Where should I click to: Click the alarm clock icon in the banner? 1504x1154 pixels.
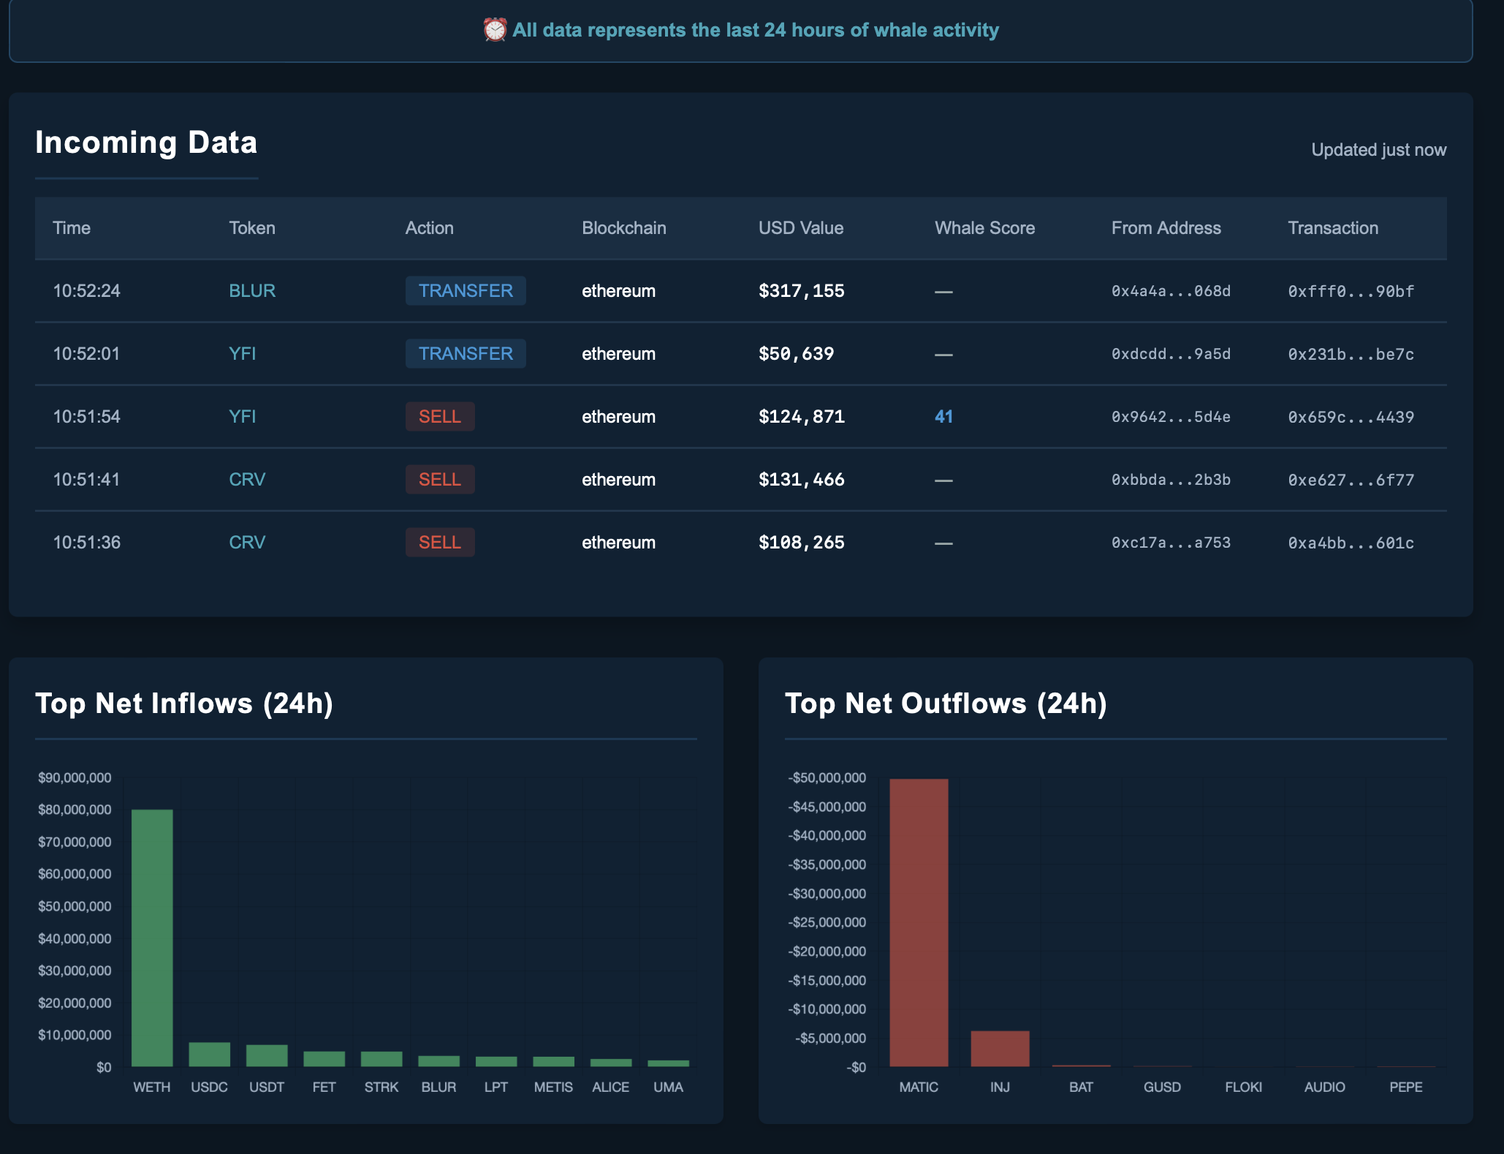coord(495,30)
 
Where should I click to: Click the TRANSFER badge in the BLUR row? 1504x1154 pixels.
coord(466,291)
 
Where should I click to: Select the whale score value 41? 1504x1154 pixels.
coord(943,417)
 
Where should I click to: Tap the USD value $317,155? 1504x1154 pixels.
coord(801,291)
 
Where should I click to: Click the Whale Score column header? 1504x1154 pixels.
coord(984,228)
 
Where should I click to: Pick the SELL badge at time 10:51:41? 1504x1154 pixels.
coord(439,480)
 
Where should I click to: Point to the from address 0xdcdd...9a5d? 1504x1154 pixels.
coord(1171,354)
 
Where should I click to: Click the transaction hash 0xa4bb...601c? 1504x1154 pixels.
coord(1351,543)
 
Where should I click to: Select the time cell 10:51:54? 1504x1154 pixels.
coord(86,417)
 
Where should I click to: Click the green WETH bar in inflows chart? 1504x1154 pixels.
coord(152,938)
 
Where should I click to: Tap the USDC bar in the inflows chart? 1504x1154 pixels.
coord(210,1055)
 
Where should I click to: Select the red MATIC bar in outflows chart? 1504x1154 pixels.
coord(919,923)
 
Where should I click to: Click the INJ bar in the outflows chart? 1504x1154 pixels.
coord(1000,1049)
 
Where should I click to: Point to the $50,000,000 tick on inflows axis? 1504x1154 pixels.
coord(75,906)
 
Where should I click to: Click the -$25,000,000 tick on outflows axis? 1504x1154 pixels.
coord(827,922)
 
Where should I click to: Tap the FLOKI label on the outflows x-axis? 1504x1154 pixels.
coord(1243,1087)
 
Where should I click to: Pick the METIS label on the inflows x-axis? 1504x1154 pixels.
coord(553,1087)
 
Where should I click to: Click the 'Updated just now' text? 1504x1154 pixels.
coord(1378,150)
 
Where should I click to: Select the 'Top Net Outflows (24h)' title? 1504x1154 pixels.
coord(946,704)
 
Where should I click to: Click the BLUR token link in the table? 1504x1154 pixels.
coord(252,291)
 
